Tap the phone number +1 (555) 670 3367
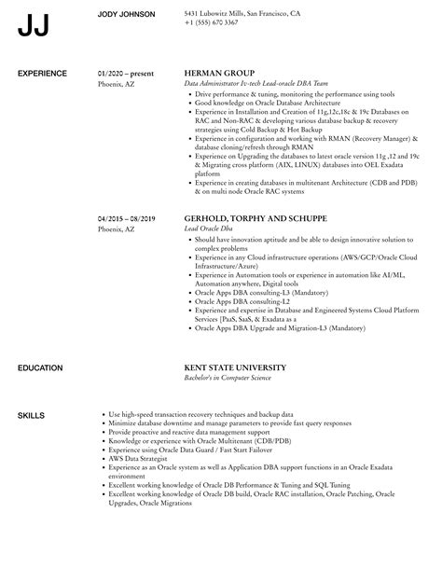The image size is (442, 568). click(212, 21)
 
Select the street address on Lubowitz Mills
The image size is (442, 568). click(242, 14)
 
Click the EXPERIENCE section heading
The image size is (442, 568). click(45, 72)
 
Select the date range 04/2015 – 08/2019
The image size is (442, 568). click(127, 218)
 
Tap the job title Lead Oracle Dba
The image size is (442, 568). click(210, 229)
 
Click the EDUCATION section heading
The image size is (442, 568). click(43, 342)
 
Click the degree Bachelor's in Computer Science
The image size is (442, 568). click(242, 353)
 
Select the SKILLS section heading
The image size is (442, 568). click(32, 388)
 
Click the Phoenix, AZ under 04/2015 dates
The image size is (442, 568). click(117, 229)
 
